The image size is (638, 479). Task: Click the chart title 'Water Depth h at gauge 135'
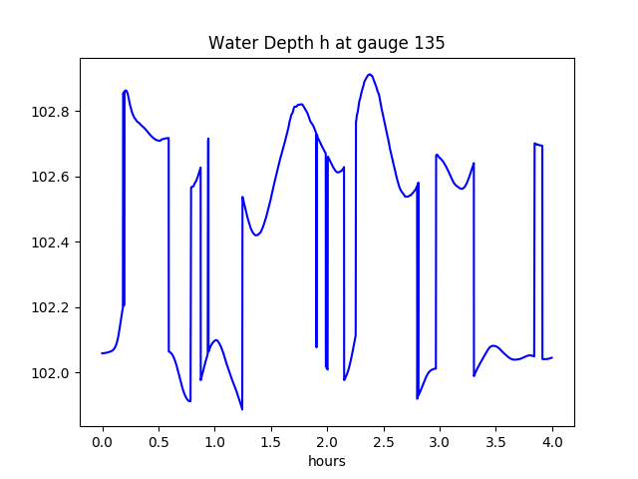pos(326,43)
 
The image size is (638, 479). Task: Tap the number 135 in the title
pos(431,43)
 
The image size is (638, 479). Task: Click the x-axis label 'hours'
pos(326,462)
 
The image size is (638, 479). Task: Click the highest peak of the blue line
pos(370,74)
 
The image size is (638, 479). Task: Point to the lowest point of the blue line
pos(242,409)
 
